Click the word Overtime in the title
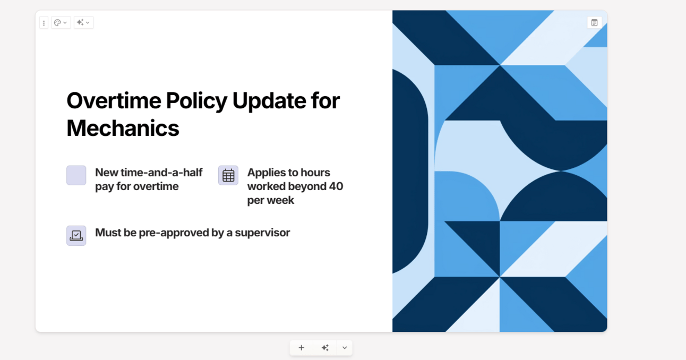114,100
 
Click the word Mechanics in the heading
123,128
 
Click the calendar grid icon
228,176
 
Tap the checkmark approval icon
76,236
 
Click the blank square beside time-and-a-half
76,176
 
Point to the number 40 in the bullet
336,186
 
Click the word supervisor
262,233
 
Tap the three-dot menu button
44,23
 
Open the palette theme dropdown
61,23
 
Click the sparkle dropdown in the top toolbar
83,23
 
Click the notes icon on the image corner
595,23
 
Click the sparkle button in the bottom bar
325,348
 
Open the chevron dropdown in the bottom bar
345,348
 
